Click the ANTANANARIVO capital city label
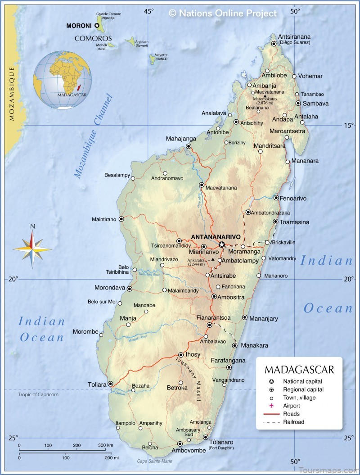coord(216,236)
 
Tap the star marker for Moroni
coord(97,26)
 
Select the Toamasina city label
coord(294,222)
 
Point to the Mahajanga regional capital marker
coord(189,146)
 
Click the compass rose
coord(32,248)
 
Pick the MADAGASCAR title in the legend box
coord(299,370)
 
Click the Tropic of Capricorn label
coord(38,394)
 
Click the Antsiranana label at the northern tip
coord(294,36)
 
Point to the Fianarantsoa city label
coord(213,317)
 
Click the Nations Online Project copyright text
coord(223,14)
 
